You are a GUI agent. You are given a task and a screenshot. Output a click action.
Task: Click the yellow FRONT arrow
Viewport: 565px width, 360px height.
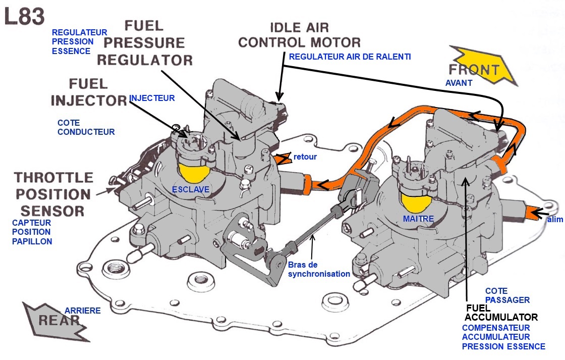[x=483, y=66]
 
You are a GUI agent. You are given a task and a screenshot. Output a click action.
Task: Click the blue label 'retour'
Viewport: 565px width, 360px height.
[x=305, y=157]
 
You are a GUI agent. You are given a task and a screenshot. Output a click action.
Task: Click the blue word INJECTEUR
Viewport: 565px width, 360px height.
[x=152, y=98]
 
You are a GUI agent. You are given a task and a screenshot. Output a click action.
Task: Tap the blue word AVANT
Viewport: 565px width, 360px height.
[x=459, y=83]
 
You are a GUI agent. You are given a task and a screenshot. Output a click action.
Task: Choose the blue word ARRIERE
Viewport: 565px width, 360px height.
[x=83, y=311]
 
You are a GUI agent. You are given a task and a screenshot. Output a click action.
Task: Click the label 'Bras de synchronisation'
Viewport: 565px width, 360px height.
[x=319, y=269]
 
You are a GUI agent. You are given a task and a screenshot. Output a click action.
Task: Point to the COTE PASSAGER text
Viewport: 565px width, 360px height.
[x=507, y=295]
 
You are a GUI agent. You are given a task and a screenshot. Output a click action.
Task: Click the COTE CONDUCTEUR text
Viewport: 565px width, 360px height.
[x=86, y=127]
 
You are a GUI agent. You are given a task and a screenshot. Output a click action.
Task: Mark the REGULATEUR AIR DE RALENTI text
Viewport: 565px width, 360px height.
[x=350, y=57]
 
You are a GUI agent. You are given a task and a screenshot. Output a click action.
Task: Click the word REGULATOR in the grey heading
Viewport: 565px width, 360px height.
[x=144, y=60]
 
